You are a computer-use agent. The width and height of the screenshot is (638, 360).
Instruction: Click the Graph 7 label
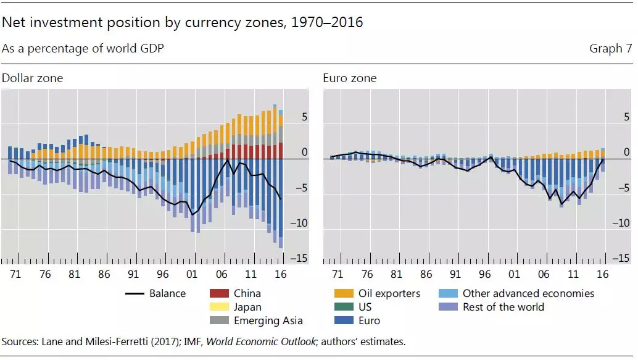tap(610, 48)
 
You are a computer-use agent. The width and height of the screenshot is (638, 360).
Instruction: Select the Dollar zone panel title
tap(32, 78)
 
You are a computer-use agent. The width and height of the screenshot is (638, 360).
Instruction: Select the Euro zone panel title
tap(349, 78)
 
